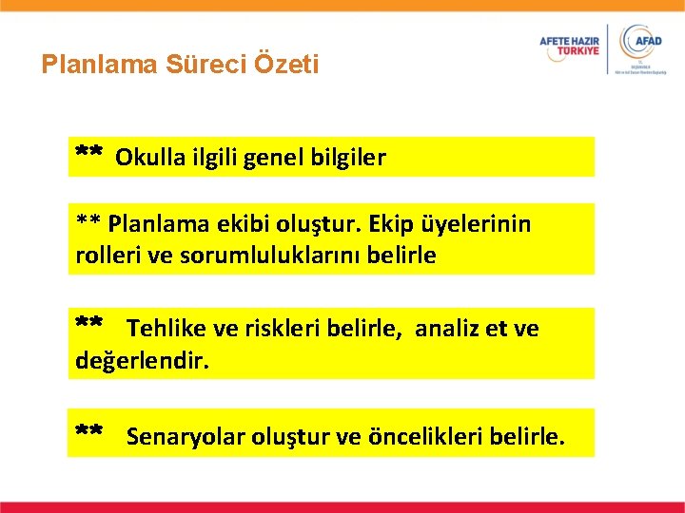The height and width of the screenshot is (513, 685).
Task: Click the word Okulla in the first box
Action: click(147, 158)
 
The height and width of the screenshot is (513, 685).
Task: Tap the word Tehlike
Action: click(166, 329)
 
